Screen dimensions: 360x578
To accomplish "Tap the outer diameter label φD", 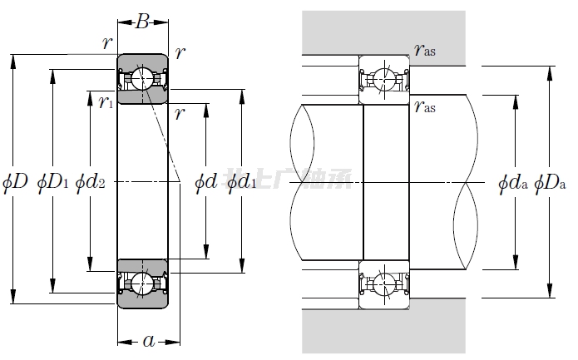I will tap(16, 180).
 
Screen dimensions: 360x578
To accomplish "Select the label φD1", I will tap(53, 180).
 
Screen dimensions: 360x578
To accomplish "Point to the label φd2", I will tap(90, 180).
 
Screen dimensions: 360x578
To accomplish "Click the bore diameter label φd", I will tap(205, 180).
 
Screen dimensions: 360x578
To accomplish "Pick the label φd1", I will tap(241, 180).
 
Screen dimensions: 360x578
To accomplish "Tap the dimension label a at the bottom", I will tap(149, 339).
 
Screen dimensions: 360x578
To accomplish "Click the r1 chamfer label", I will tap(105, 102).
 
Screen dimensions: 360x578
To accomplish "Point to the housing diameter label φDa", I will tap(550, 181).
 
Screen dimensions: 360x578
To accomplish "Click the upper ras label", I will tap(424, 51).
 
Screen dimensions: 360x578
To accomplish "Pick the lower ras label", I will tap(424, 106).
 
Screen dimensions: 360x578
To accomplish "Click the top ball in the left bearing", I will tap(141, 79).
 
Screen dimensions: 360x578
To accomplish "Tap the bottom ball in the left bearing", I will tap(141, 283).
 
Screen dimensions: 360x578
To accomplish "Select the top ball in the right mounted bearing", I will tap(383, 80).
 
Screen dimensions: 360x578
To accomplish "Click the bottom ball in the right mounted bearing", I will tap(383, 282).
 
